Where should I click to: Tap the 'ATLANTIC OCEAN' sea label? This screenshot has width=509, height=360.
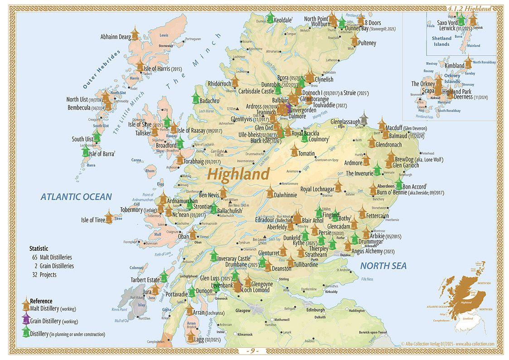pos(76,197)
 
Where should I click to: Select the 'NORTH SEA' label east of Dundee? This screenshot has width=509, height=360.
pos(383,266)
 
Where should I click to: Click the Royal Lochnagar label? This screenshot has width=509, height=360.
pos(317,189)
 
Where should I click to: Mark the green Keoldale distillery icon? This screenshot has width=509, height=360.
pos(270,18)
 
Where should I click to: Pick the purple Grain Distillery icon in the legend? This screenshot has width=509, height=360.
pos(25,319)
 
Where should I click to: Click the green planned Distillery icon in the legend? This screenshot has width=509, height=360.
pos(25,332)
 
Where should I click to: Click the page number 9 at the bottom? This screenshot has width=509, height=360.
pos(254,351)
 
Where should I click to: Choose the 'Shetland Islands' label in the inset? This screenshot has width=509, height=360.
pos(441,41)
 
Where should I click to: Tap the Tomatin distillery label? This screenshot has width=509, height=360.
pos(306,154)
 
